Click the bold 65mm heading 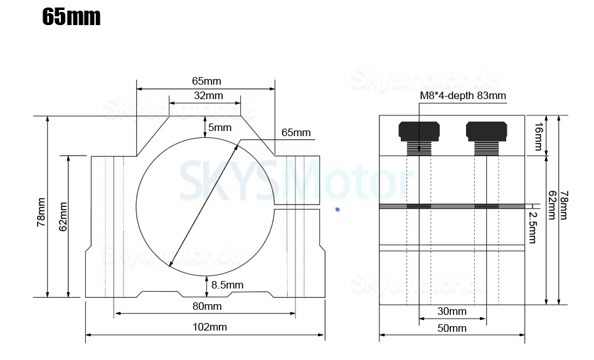[x=71, y=17]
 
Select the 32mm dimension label [x=208, y=95]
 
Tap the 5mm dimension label [x=220, y=127]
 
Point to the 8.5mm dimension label [x=227, y=285]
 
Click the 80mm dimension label [x=206, y=306]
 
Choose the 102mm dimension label [x=209, y=327]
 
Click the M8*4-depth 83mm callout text [x=462, y=95]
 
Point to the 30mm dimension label [x=452, y=311]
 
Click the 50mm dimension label [x=452, y=328]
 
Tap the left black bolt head [x=418, y=130]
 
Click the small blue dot [x=337, y=209]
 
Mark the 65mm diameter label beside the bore [x=296, y=132]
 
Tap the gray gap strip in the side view [x=452, y=206]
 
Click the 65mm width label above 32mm [x=206, y=81]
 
